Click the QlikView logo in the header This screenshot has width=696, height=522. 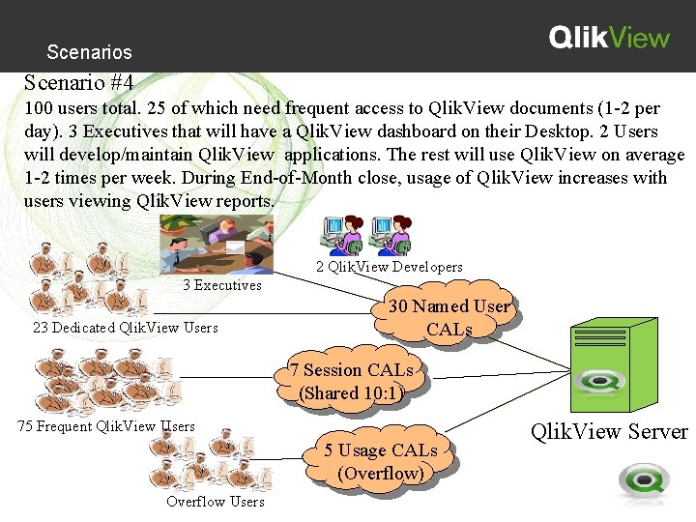pyautogui.click(x=609, y=38)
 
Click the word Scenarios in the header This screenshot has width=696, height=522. pyautogui.click(x=89, y=52)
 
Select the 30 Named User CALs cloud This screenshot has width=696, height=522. pyautogui.click(x=449, y=318)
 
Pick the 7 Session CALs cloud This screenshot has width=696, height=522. pyautogui.click(x=351, y=381)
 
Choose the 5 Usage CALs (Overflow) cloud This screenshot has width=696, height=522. pyautogui.click(x=381, y=462)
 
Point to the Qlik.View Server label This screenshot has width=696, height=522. pyautogui.click(x=609, y=431)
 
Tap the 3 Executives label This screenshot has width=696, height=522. pyautogui.click(x=222, y=285)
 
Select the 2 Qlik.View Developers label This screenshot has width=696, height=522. pyautogui.click(x=390, y=267)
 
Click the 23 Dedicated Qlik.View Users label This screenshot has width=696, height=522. pyautogui.click(x=126, y=328)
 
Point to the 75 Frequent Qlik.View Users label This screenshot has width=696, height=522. pyautogui.click(x=106, y=426)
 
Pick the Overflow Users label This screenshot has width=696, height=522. pyautogui.click(x=215, y=501)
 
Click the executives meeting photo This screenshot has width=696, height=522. pyautogui.click(x=217, y=244)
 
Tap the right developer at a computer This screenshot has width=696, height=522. pyautogui.click(x=391, y=235)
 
